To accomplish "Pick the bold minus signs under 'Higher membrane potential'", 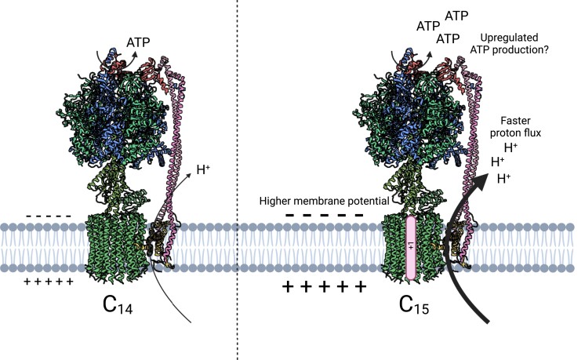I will coord(324,215).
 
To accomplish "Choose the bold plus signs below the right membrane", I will coord(324,287).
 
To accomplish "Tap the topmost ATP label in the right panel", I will coord(457,16).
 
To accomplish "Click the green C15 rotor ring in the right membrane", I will coord(392,247).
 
